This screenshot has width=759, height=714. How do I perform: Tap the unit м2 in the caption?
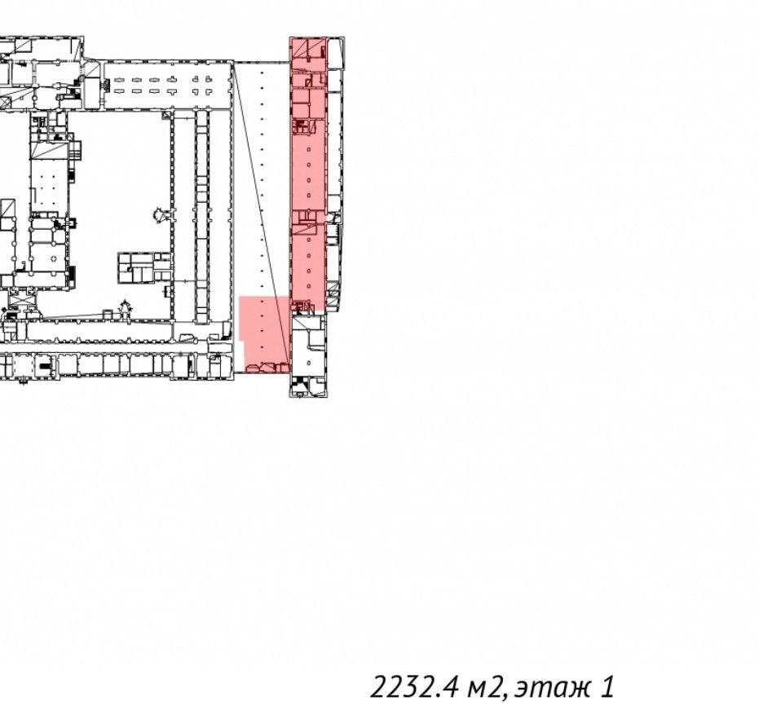[484, 688]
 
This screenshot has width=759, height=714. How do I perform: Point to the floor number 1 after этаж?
[608, 687]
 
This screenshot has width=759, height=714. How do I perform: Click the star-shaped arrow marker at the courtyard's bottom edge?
[126, 308]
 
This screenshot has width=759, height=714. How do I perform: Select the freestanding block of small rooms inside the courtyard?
[144, 267]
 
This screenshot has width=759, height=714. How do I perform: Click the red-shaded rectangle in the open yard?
[264, 334]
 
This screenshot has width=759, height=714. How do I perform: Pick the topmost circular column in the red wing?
[309, 150]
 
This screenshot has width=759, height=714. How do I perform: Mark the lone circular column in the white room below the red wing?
[309, 363]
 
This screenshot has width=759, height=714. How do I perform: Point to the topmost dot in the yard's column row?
[262, 73]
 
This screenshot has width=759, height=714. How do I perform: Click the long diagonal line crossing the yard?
[262, 213]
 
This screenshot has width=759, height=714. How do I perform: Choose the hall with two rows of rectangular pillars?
[167, 86]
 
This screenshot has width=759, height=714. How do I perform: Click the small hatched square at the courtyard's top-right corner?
[166, 115]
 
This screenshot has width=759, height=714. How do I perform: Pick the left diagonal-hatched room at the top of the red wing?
[300, 48]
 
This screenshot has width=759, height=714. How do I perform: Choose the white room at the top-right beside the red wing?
[336, 52]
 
